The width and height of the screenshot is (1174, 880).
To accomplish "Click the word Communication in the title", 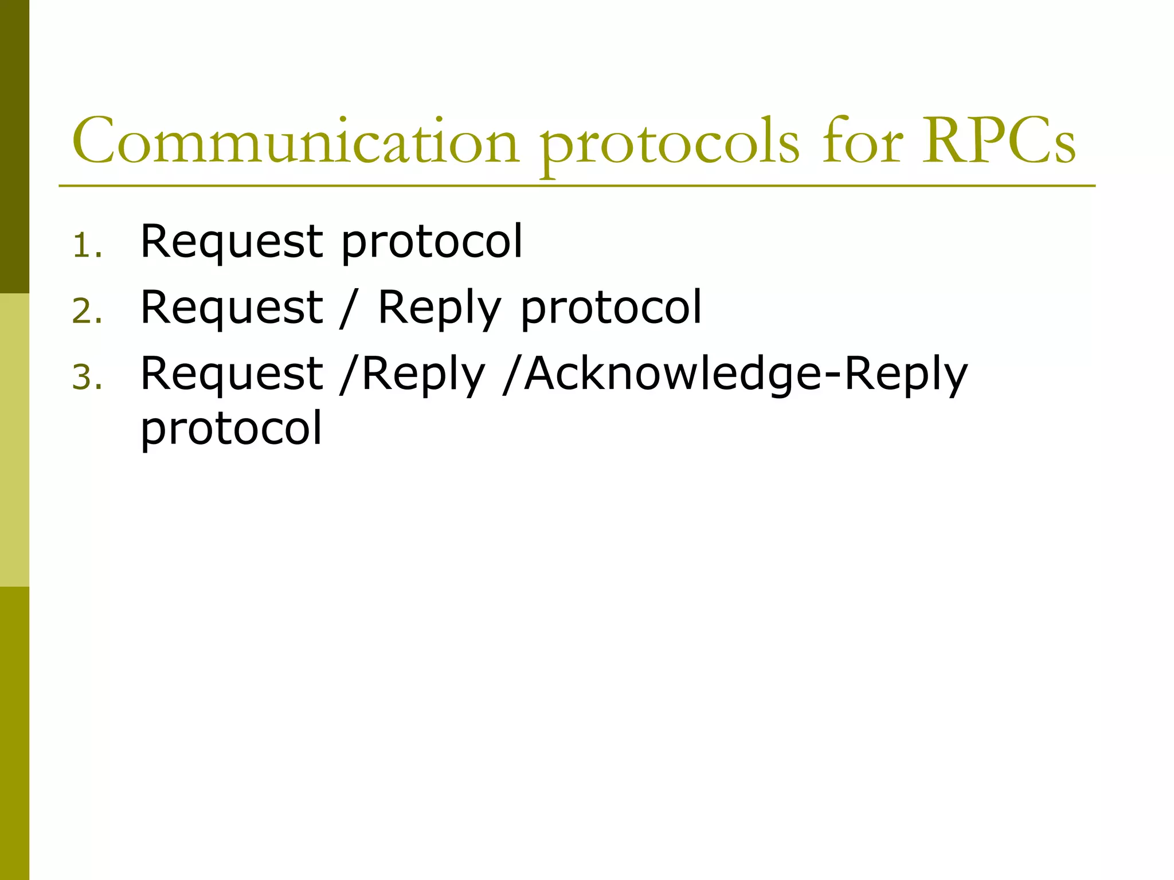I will (295, 142).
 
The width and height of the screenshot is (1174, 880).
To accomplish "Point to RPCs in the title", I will (999, 142).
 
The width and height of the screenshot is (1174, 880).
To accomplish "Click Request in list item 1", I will (232, 242).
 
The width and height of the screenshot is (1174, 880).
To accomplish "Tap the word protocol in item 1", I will (432, 243).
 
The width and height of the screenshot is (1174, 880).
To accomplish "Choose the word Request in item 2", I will (232, 308).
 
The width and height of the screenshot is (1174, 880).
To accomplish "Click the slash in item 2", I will (345, 309).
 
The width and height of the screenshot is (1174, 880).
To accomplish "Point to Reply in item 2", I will (439, 309).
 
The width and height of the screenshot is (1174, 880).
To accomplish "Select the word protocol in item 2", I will (611, 309).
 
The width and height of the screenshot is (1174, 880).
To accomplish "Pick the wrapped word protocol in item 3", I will (232, 429).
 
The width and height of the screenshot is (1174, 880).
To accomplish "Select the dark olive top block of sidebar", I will (14, 147).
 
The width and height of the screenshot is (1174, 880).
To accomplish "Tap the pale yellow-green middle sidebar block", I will (14, 440).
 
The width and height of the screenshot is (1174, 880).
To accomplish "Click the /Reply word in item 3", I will (412, 375).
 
